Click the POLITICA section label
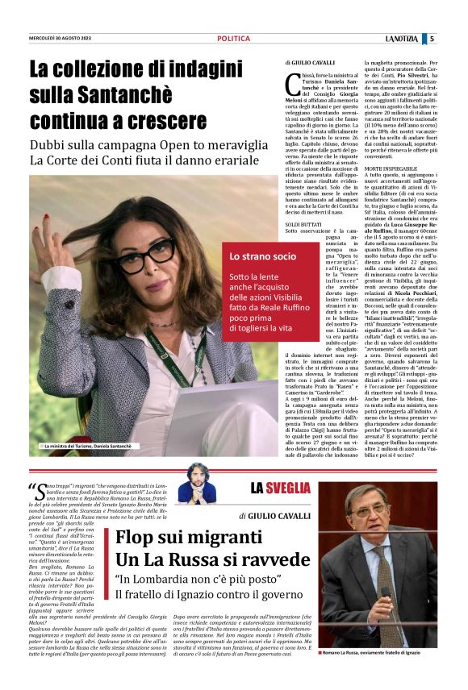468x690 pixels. tap(233, 39)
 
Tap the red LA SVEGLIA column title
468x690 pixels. tap(280, 488)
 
